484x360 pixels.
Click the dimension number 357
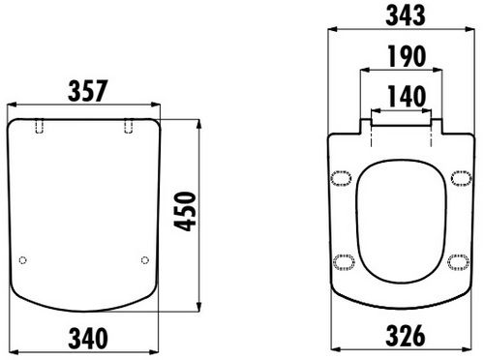pyautogui.click(x=87, y=91)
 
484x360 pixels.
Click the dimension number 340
pyautogui.click(x=88, y=338)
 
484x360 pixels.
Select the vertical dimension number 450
pyautogui.click(x=185, y=211)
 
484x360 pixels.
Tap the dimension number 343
pyautogui.click(x=406, y=15)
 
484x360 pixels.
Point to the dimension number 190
pyautogui.click(x=407, y=56)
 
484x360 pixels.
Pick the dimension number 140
pyautogui.click(x=407, y=96)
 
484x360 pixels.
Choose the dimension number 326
pyautogui.click(x=406, y=336)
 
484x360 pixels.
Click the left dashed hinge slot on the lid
pyautogui.click(x=40, y=126)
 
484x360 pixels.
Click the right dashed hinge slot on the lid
pyautogui.click(x=129, y=126)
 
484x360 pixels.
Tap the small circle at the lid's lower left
pyautogui.click(x=22, y=260)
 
